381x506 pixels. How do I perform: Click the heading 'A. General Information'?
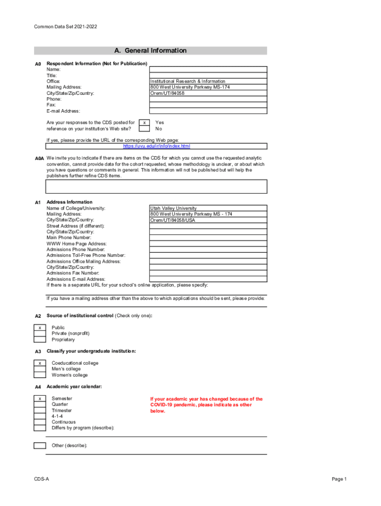(150, 50)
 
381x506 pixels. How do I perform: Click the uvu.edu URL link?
(156, 146)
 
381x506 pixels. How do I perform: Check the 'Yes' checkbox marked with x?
(144, 123)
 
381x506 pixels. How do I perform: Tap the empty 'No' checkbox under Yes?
(144, 128)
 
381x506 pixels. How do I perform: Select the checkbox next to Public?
(40, 328)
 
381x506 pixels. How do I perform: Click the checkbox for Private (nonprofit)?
(40, 334)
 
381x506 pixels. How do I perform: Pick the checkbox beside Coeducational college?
(40, 363)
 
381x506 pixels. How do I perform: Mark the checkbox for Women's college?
(40, 375)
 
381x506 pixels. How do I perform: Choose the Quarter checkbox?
(40, 404)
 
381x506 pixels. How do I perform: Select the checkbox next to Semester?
(40, 398)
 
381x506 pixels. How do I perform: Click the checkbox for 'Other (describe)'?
(40, 446)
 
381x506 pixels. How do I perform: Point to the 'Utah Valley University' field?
(173, 209)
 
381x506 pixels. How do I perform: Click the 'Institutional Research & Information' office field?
(188, 81)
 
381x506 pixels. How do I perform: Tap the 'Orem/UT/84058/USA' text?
(173, 220)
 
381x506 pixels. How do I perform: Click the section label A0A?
(40, 159)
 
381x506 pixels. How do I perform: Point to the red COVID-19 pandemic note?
(206, 405)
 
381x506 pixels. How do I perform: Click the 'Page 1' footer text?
(339, 479)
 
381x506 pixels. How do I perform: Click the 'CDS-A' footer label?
(42, 479)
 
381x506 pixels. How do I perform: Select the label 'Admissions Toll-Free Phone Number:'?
(86, 255)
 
